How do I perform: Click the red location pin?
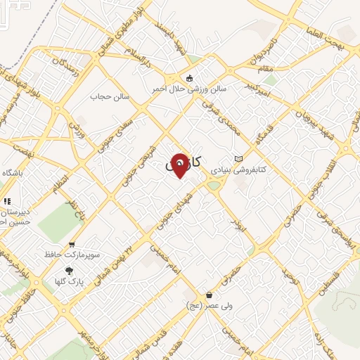coord(180,165)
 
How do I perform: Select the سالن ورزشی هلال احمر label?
coord(188,89)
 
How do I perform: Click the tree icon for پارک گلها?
coord(68,270)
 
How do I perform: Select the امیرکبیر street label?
coord(258,89)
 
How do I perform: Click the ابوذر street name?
coord(236,224)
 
